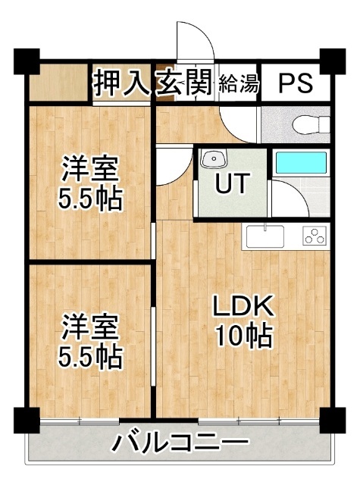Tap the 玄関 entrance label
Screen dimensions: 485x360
(183, 83)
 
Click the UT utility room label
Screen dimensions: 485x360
(231, 184)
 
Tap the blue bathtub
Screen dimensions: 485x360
(300, 163)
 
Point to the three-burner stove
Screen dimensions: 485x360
(313, 236)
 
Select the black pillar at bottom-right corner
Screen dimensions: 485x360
(331, 419)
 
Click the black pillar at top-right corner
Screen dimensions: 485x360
(331, 59)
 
